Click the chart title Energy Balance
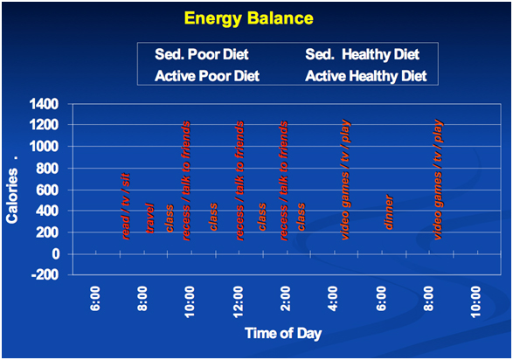(x=249, y=18)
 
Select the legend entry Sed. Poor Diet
(x=202, y=54)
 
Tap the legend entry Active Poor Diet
(x=207, y=76)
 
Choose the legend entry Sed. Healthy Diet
(x=362, y=54)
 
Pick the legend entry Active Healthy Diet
(x=366, y=76)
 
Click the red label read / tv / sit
(x=126, y=206)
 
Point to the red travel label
(x=149, y=218)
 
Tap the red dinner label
(x=388, y=212)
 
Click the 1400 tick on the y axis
(x=45, y=104)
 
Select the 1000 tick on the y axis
(x=45, y=146)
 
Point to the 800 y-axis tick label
(x=47, y=169)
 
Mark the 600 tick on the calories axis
(x=47, y=190)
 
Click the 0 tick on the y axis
(x=56, y=254)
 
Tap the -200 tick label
(x=45, y=274)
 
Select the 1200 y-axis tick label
(x=45, y=125)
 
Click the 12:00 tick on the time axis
(x=239, y=301)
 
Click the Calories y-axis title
(x=12, y=196)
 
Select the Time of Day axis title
(x=283, y=334)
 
